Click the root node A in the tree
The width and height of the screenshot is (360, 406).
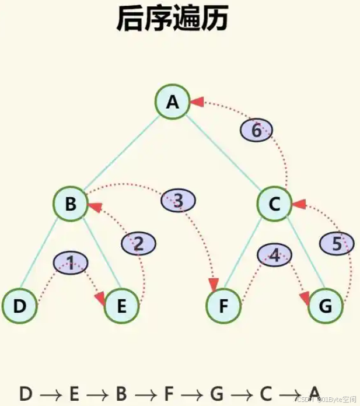click(172, 103)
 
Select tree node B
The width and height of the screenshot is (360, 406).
click(70, 204)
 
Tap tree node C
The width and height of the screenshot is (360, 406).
click(274, 204)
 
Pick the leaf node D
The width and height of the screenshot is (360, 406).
click(19, 305)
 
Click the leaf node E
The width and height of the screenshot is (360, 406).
click(121, 305)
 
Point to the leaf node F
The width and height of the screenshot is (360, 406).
click(224, 305)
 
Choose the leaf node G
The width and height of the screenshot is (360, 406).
click(326, 305)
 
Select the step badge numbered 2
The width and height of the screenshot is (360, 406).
click(138, 243)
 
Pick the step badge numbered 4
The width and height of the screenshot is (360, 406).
click(274, 254)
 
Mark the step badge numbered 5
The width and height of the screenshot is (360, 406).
click(337, 243)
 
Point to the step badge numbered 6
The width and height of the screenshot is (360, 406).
click(256, 131)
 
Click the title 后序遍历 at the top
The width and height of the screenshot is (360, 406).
click(172, 19)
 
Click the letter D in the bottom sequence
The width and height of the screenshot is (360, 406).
click(26, 393)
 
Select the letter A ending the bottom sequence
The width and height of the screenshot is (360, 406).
click(314, 393)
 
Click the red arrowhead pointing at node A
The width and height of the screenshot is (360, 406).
click(197, 102)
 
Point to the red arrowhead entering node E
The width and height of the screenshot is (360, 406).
click(100, 298)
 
